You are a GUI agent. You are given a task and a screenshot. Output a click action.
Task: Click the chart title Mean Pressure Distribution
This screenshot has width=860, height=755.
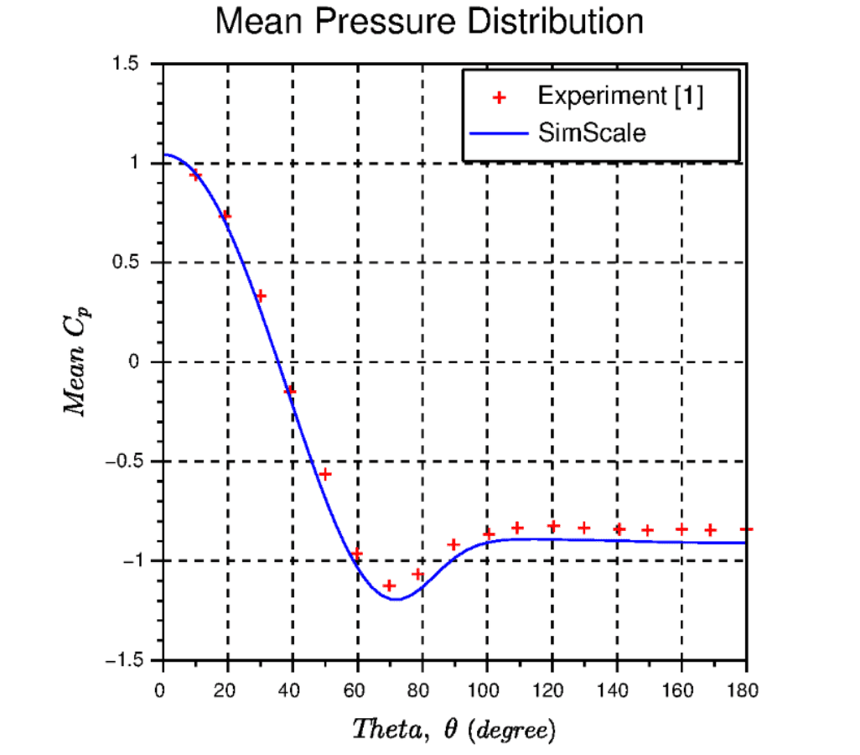click(x=429, y=22)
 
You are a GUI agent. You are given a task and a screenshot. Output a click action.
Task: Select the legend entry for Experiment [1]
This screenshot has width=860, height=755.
click(x=619, y=96)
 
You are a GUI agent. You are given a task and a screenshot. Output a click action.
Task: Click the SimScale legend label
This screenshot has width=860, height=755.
click(x=592, y=133)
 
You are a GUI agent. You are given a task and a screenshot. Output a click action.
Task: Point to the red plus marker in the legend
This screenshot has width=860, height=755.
click(x=499, y=97)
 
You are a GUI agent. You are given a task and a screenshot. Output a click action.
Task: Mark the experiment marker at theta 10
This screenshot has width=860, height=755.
click(x=195, y=174)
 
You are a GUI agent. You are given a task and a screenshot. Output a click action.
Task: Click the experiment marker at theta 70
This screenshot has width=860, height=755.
click(x=389, y=585)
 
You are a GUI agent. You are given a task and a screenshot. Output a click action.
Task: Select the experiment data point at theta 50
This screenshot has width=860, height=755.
click(x=324, y=474)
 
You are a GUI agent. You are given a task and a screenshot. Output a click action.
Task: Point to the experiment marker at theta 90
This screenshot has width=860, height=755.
click(x=454, y=544)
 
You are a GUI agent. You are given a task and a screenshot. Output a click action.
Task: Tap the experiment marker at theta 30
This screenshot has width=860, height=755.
click(x=260, y=295)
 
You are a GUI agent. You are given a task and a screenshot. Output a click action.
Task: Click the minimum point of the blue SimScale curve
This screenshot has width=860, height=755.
click(x=395, y=599)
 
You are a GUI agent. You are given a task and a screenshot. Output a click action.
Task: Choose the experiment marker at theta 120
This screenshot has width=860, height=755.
click(x=553, y=526)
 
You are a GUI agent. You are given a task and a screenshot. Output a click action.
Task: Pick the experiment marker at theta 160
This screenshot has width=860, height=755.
click(x=681, y=529)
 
